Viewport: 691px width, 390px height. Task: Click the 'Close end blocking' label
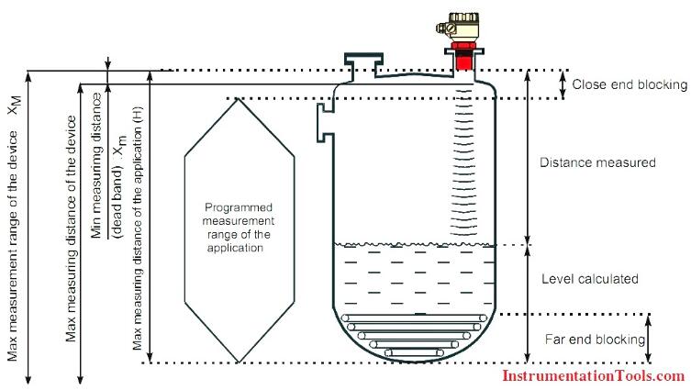point(629,84)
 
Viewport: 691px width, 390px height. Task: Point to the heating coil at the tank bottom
point(412,334)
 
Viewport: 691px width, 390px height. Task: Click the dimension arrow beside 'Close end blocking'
point(562,84)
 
